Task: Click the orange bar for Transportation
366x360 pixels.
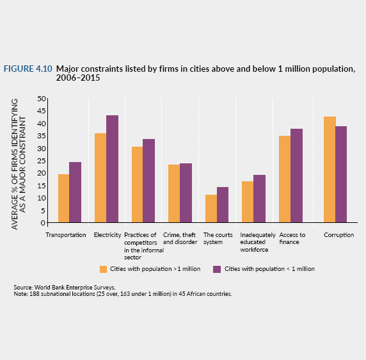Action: click(x=63, y=199)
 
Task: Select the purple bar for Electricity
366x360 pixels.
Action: click(x=112, y=169)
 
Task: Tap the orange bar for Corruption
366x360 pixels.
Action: click(x=330, y=170)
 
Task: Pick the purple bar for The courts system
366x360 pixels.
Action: click(x=223, y=204)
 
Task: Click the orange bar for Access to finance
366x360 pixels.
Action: click(x=285, y=179)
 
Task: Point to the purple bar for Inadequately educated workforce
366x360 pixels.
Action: click(x=259, y=199)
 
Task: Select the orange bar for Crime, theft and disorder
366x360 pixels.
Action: click(x=174, y=193)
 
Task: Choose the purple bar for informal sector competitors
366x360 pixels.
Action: click(x=148, y=181)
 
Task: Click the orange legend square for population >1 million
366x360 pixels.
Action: click(x=103, y=269)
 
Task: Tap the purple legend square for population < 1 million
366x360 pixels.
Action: click(x=217, y=269)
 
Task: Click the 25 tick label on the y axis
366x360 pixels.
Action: click(x=42, y=161)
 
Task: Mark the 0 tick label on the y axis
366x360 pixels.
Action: click(x=43, y=223)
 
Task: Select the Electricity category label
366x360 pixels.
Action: click(x=107, y=235)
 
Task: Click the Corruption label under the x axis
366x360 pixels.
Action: click(x=338, y=235)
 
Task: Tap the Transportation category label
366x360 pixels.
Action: click(x=66, y=235)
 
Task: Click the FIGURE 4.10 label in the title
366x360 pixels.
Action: click(x=28, y=69)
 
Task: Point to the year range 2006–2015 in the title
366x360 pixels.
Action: click(x=78, y=78)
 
